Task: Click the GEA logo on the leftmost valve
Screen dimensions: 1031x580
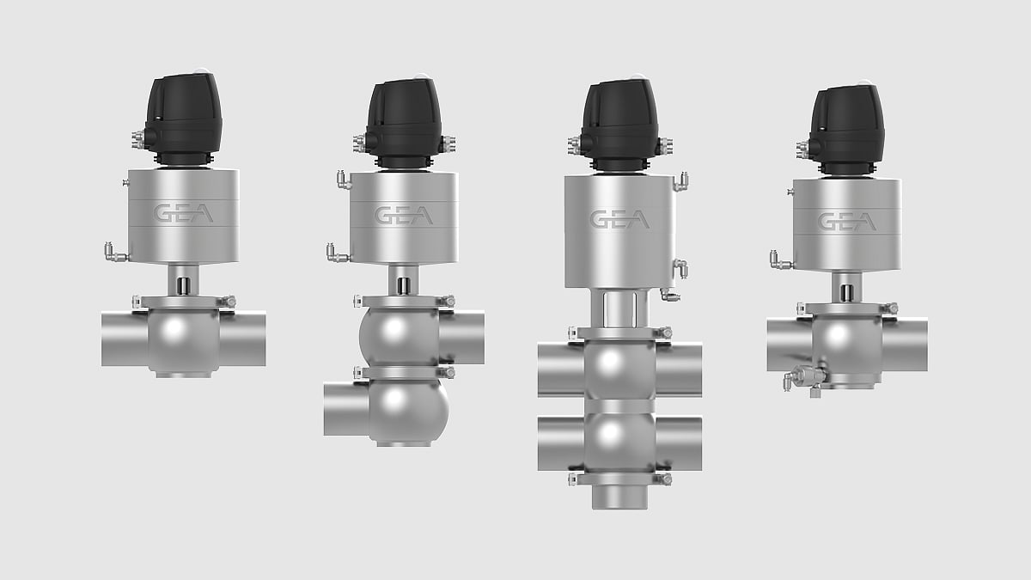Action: pos(183,213)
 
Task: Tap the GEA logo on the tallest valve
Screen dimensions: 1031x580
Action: pos(619,219)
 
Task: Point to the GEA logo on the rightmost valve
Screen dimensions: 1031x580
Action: pos(847,222)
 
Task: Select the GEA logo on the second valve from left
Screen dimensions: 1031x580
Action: pos(404,216)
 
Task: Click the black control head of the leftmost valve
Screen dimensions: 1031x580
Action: pos(183,119)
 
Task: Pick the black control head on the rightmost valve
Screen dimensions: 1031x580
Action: pos(847,131)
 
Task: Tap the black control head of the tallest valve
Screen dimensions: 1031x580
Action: pos(619,125)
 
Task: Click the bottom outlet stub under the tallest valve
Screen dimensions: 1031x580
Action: pos(619,498)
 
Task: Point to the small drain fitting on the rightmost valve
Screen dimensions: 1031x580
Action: pos(803,378)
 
